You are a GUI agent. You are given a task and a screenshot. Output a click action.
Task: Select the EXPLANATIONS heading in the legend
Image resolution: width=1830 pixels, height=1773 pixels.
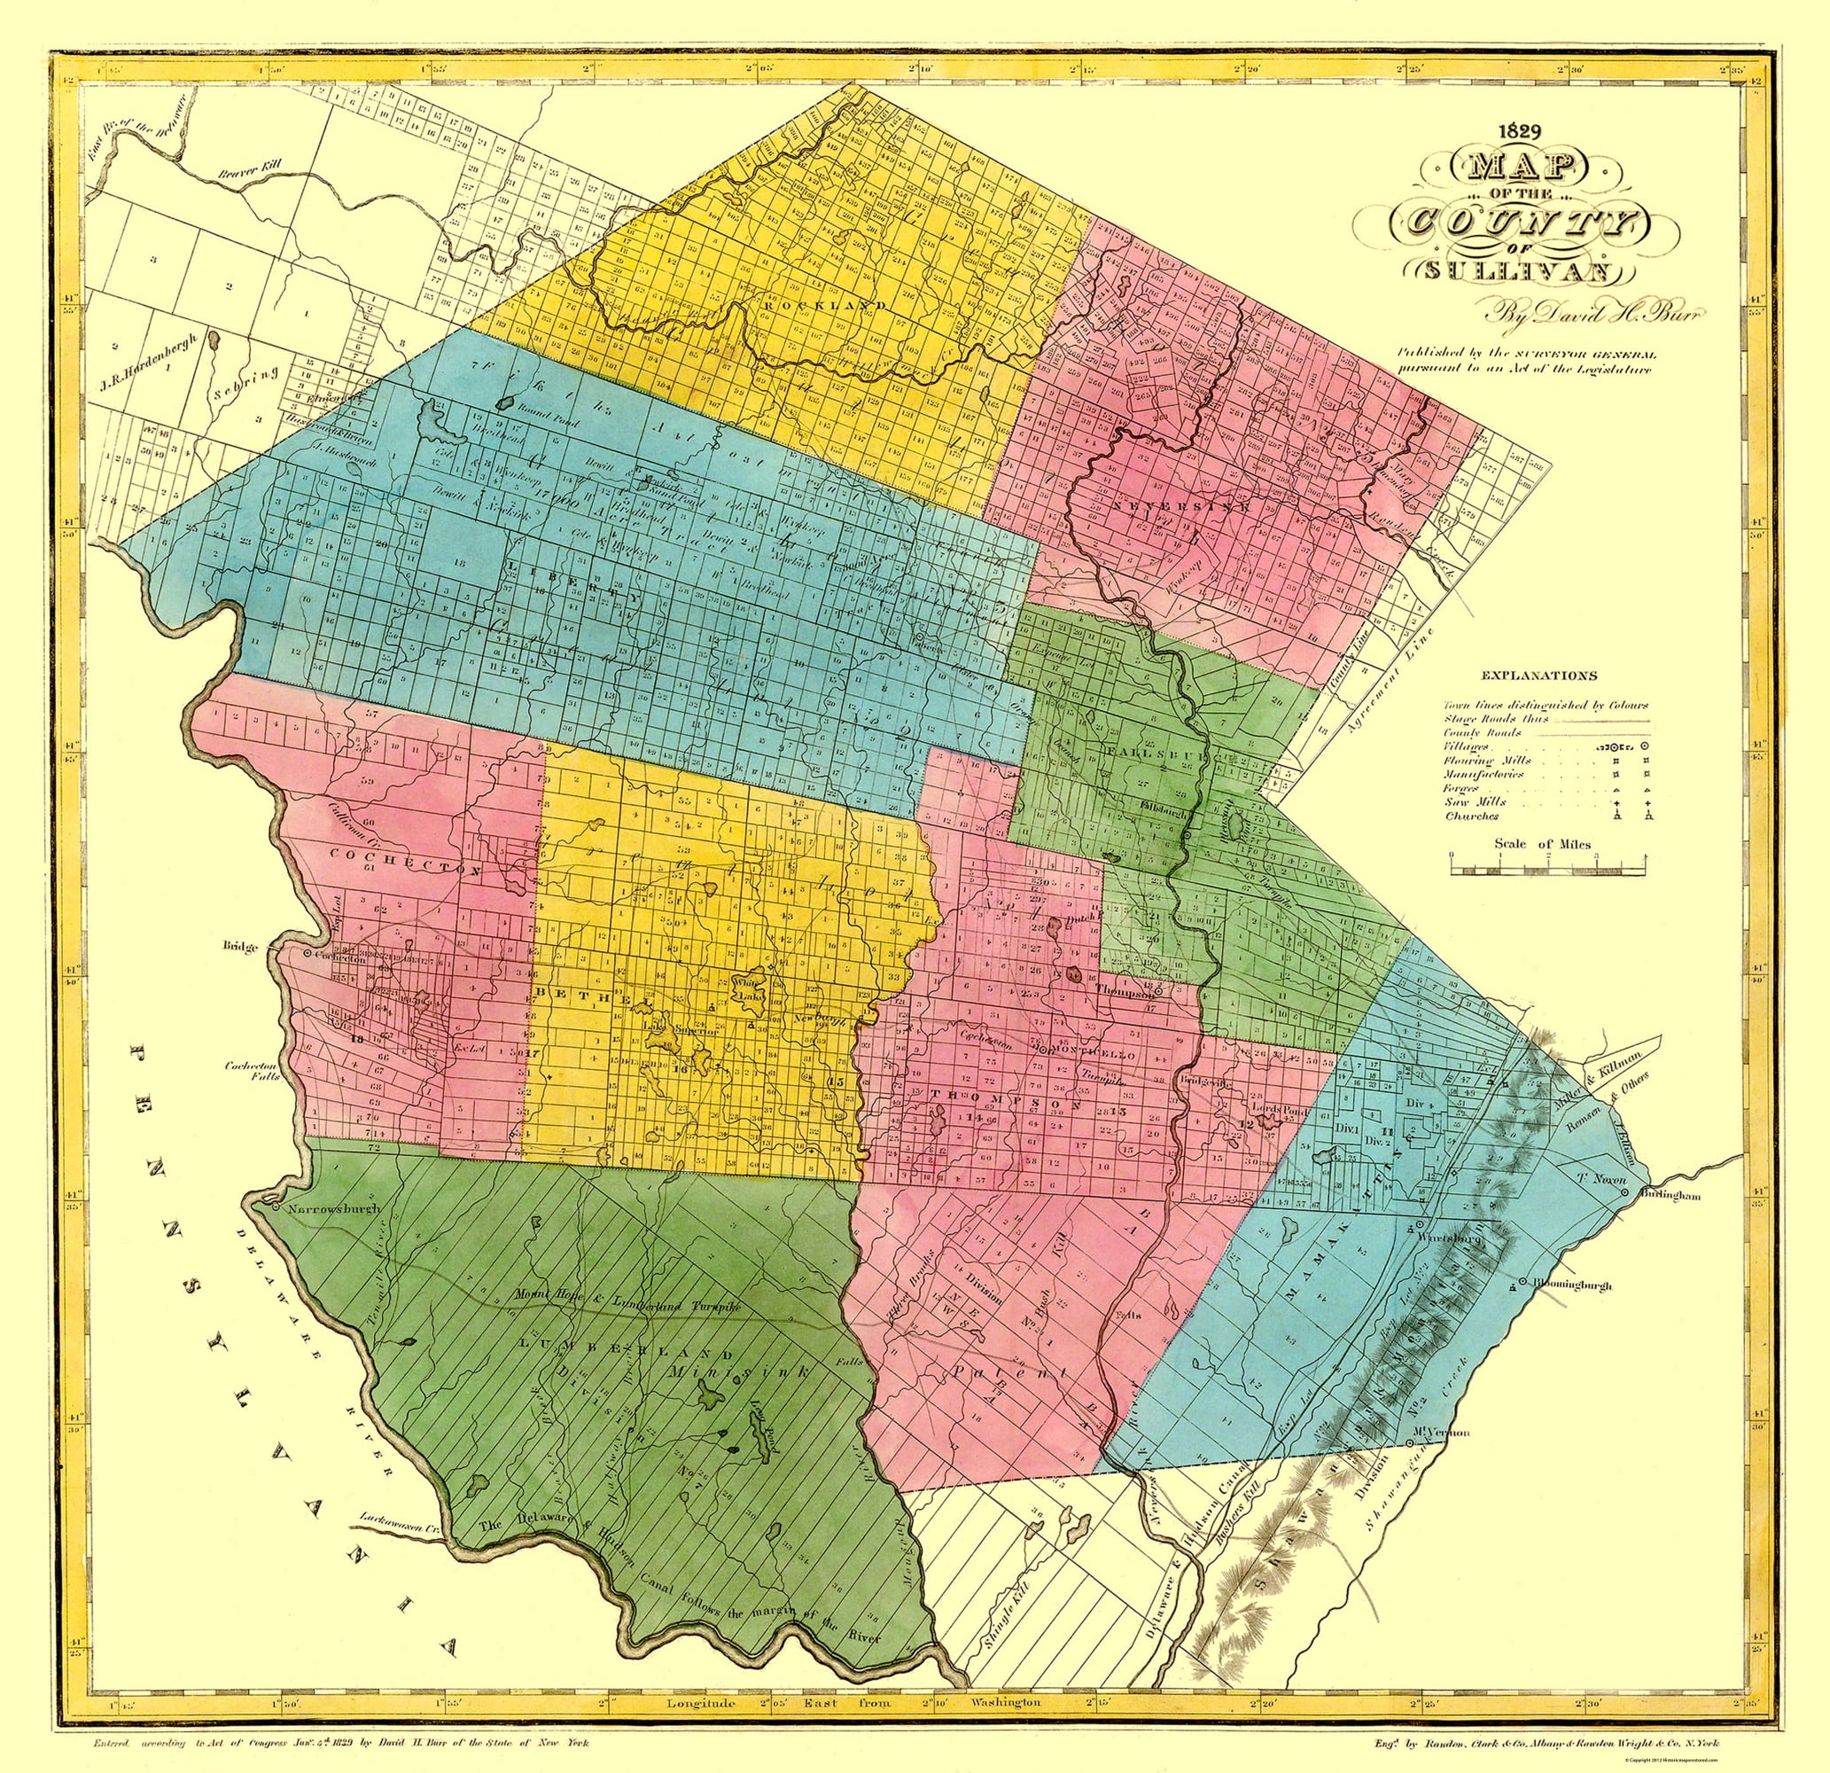[1538, 675]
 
